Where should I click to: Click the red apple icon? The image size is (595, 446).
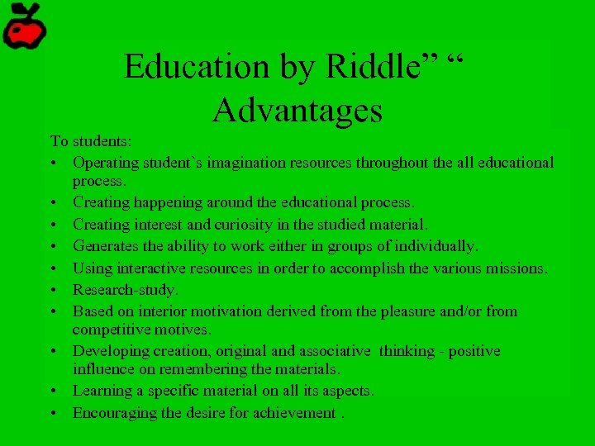[x=23, y=26]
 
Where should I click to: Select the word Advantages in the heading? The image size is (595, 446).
[x=297, y=109]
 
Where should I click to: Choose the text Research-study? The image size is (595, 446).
[x=126, y=290]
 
